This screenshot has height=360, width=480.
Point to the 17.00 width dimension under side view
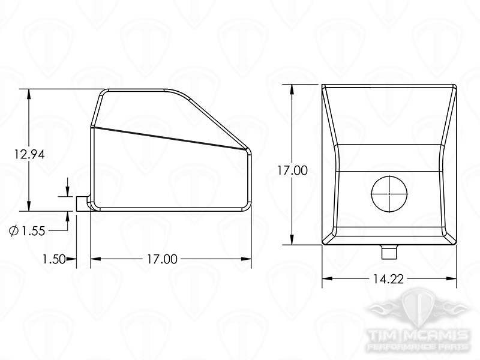pos(162,259)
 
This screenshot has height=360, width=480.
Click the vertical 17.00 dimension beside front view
pos(292,170)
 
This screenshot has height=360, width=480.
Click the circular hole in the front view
pos(389,194)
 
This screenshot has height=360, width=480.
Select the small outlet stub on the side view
pos(82,203)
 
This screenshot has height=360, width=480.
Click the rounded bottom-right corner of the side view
pos(246,206)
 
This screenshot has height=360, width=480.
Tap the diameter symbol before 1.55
pos(14,231)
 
